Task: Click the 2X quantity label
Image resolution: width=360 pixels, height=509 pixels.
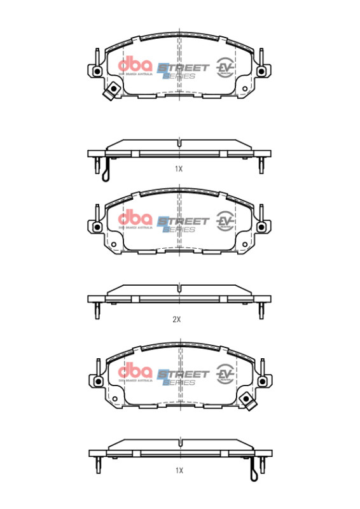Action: [x=177, y=319]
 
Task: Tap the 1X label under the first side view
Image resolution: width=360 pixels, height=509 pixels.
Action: [x=179, y=169]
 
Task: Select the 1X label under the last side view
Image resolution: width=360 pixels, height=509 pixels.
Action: [x=179, y=470]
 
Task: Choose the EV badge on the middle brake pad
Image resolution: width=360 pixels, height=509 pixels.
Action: [x=225, y=220]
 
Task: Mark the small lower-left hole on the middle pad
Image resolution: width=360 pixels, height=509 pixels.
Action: [x=113, y=244]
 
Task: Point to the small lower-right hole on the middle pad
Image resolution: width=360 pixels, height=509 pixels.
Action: [x=245, y=244]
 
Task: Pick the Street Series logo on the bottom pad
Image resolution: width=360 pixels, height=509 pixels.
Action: [x=183, y=375]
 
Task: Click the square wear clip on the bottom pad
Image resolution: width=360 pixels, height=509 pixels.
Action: [x=247, y=400]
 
